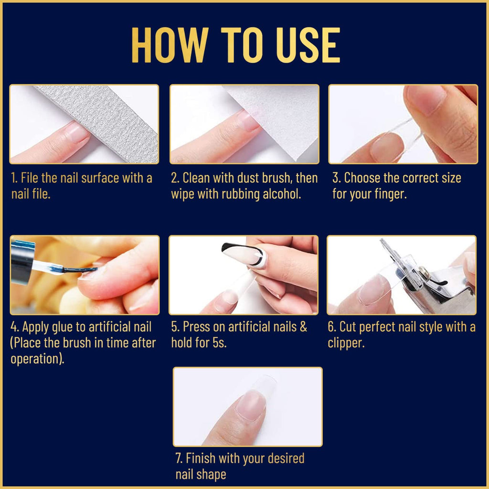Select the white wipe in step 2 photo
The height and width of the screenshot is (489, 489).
tap(282, 115)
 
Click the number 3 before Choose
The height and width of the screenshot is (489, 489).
tap(336, 178)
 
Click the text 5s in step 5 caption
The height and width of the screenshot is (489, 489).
tap(218, 343)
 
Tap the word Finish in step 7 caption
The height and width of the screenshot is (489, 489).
tap(201, 458)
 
